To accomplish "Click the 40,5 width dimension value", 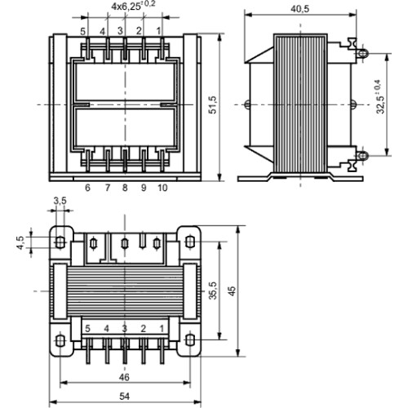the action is pos(300,9).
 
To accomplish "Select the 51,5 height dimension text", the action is pos(212,104).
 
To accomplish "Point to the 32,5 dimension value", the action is pos(383,96).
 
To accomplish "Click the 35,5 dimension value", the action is pos(213,290).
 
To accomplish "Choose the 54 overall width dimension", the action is pos(125,397).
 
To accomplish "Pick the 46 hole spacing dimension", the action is pos(124,377).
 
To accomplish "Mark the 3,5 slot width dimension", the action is pos(60,201).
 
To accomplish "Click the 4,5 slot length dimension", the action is pos(20,242).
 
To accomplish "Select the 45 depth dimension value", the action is pos(232,291).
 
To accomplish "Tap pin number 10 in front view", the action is pos(162,188).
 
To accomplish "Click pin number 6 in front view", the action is pos(87,188).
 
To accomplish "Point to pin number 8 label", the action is pos(125,188).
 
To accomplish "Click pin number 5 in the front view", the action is pos(83,32).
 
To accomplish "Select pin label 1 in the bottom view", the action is pos(162,329).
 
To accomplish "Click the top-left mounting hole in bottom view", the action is pos(60,242).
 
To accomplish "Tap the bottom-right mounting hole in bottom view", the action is pos(190,340).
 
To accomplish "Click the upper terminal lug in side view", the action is pos(362,53).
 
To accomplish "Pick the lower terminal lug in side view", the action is pos(362,156).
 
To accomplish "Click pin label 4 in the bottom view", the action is pos(107,329).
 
